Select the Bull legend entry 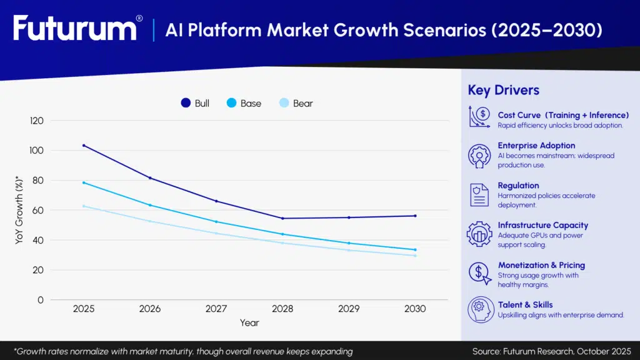tap(195, 103)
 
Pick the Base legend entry tap(244, 103)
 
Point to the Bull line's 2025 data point tap(84, 146)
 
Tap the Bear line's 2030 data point tap(415, 255)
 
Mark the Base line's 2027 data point tap(216, 222)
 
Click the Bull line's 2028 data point tap(282, 218)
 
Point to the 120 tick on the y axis tap(37, 121)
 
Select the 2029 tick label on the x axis tap(349, 309)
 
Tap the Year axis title tap(249, 323)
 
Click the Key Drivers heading tap(503, 90)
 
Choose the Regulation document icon tap(479, 194)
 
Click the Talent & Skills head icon tap(479, 309)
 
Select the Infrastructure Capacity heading tap(542, 225)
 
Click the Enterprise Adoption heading tap(536, 146)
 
